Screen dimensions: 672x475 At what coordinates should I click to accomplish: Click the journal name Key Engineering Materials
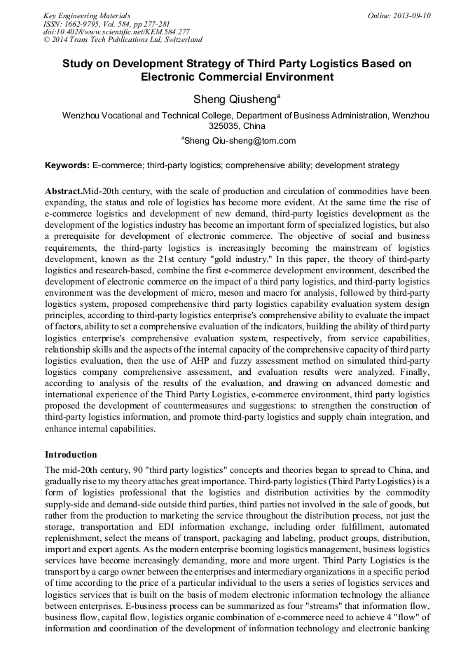click(x=87, y=15)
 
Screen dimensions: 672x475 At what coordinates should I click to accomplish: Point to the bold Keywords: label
click(x=67, y=166)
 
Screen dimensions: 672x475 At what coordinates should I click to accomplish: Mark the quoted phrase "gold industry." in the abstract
click(x=240, y=260)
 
